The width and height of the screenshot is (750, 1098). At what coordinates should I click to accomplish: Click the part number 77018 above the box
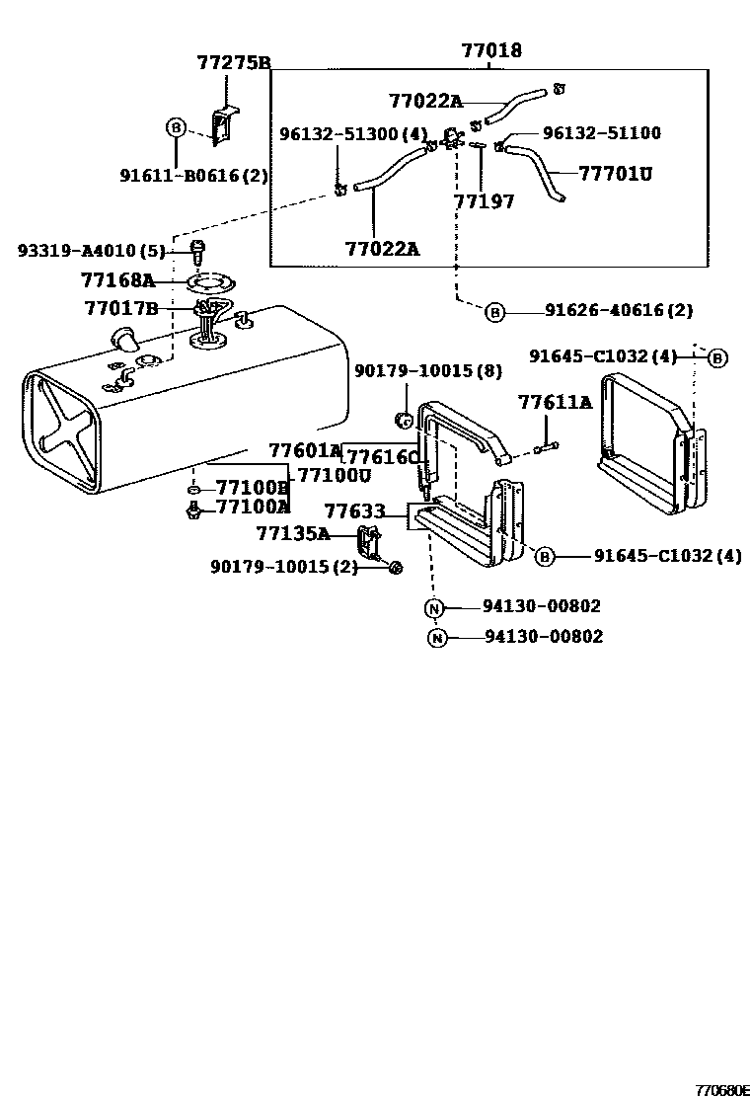pos(490,51)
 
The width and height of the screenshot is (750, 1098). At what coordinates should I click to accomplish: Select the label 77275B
pos(234,63)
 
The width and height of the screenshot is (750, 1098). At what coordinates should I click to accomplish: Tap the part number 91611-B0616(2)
pos(194,175)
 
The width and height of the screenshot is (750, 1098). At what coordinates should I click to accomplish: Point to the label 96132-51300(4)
pos(352,133)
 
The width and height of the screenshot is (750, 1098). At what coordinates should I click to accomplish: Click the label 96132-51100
pos(601,133)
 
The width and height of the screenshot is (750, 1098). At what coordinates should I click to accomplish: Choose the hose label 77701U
pos(615,174)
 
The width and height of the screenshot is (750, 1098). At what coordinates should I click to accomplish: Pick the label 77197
pos(484,201)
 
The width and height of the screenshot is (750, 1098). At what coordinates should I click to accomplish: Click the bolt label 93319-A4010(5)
pos(91,251)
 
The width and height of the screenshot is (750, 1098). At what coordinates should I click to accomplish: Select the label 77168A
pos(118,280)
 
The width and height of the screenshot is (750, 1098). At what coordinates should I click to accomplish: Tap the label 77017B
pos(121,308)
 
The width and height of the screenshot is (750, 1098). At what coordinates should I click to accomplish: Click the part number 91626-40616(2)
pos(619,310)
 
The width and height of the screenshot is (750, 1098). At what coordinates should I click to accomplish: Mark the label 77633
pos(357,512)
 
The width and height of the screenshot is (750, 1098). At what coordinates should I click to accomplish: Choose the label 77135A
pos(292,534)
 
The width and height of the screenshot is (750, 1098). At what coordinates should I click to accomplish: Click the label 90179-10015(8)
pos(427,371)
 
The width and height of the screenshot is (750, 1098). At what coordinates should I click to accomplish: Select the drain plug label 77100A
pos(253,507)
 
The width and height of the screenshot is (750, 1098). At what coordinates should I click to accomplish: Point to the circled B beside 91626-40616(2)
pos(494,313)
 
